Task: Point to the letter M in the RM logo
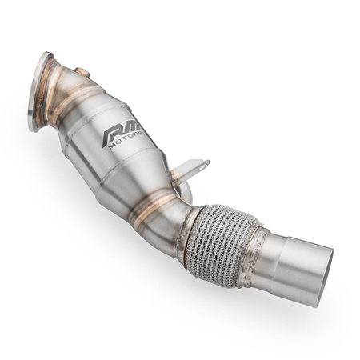coord(131,129)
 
